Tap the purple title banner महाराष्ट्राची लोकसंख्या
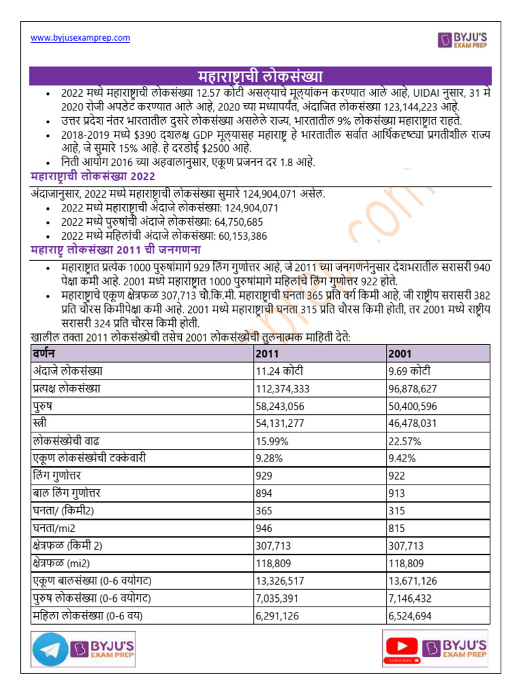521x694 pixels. point(260,75)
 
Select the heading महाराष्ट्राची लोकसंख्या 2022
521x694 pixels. point(94,177)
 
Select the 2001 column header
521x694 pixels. point(400,354)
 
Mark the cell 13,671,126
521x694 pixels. point(412,580)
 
